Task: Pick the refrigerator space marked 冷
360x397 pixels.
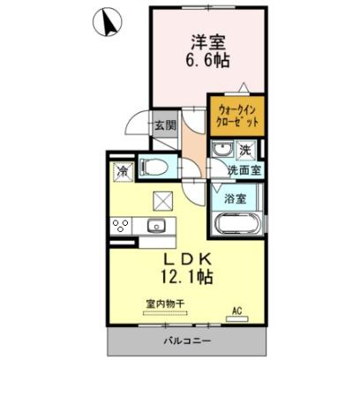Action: pyautogui.click(x=122, y=168)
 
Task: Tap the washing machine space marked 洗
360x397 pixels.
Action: pyautogui.click(x=248, y=149)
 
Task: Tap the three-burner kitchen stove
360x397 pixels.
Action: pyautogui.click(x=121, y=225)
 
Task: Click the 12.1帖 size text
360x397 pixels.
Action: pyautogui.click(x=185, y=277)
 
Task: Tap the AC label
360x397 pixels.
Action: pyautogui.click(x=236, y=310)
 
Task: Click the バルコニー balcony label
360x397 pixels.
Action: pyautogui.click(x=186, y=341)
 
